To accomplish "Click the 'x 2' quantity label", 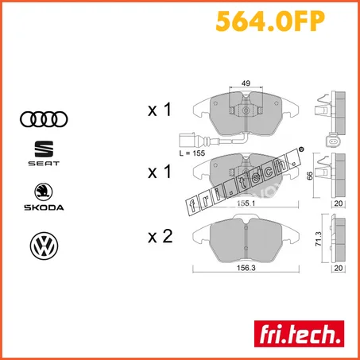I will coord(160,235).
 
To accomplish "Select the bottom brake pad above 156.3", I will coord(246,239).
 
